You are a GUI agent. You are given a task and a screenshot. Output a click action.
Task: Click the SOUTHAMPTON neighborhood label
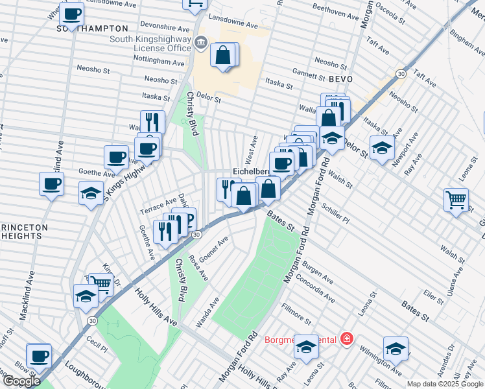pos(92,29)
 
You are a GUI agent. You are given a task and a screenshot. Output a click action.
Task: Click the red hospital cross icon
pos(347,338)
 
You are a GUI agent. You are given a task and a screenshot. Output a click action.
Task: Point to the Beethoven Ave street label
pos(335,15)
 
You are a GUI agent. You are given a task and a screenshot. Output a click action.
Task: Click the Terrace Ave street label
pos(158,207)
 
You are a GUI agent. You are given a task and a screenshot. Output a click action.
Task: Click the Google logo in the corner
pos(21,381)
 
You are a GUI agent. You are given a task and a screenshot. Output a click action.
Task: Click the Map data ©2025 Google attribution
pos(445,384)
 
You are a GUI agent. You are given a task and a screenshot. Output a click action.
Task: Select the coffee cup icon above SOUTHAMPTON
pos(71,13)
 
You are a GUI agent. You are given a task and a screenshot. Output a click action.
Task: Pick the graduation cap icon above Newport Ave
pos(382,147)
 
